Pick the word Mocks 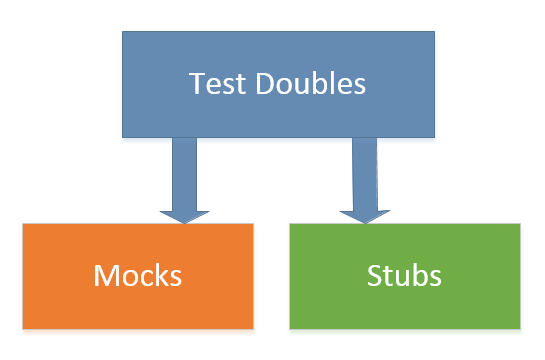(x=137, y=275)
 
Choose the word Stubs (x=405, y=275)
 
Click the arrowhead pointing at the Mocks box (x=184, y=213)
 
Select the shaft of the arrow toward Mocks (x=184, y=170)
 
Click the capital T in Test (x=197, y=84)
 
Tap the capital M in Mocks (x=107, y=275)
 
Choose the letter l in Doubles (x=327, y=84)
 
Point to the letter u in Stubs (x=400, y=276)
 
